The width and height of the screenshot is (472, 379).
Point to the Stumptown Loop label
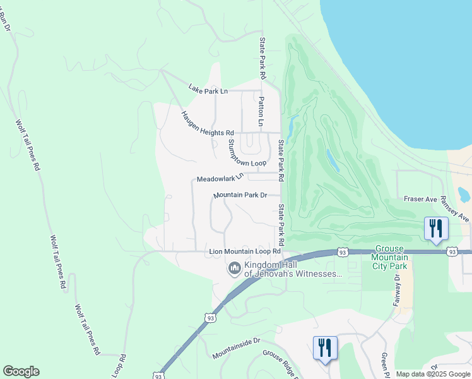tap(247, 153)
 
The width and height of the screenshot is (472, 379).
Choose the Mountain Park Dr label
tap(240, 195)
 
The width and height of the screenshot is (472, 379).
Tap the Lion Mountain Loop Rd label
tap(245, 252)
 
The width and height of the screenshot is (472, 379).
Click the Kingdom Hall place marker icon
tap(234, 269)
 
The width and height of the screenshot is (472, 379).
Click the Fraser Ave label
tap(421, 200)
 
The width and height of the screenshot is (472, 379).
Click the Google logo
tap(21, 371)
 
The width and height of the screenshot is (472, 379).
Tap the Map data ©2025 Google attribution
tap(433, 374)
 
